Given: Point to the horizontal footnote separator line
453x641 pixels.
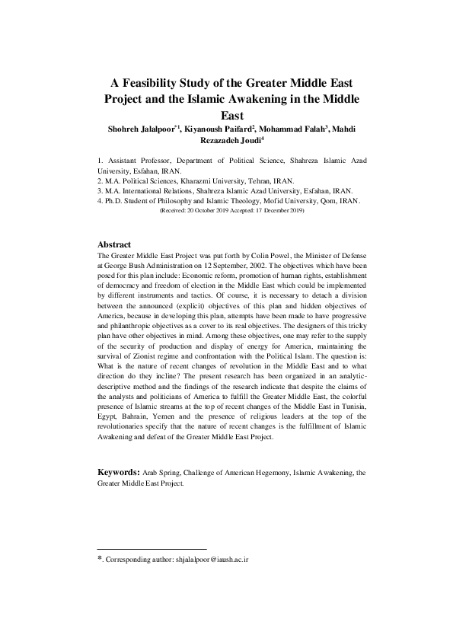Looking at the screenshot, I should pos(152,548).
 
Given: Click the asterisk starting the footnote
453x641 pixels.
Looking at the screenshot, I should pos(100,559).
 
